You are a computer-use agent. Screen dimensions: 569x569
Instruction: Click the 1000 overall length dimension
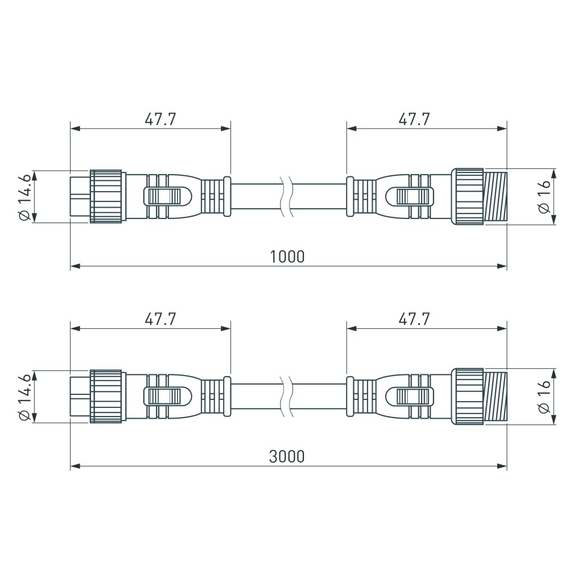click(x=287, y=256)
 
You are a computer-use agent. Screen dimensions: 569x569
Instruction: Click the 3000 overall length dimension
click(x=287, y=456)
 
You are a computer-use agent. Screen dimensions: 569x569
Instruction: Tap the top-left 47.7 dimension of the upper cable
click(x=160, y=119)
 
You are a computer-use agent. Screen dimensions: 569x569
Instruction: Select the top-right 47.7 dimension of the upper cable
click(x=414, y=119)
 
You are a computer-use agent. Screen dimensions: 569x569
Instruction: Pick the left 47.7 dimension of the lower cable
click(x=160, y=319)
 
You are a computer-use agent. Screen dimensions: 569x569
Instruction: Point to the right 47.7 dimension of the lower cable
click(x=414, y=319)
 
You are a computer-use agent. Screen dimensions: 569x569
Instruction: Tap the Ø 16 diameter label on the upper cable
click(x=545, y=196)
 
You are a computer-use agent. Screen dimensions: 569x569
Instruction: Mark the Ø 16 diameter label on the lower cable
click(x=545, y=397)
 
